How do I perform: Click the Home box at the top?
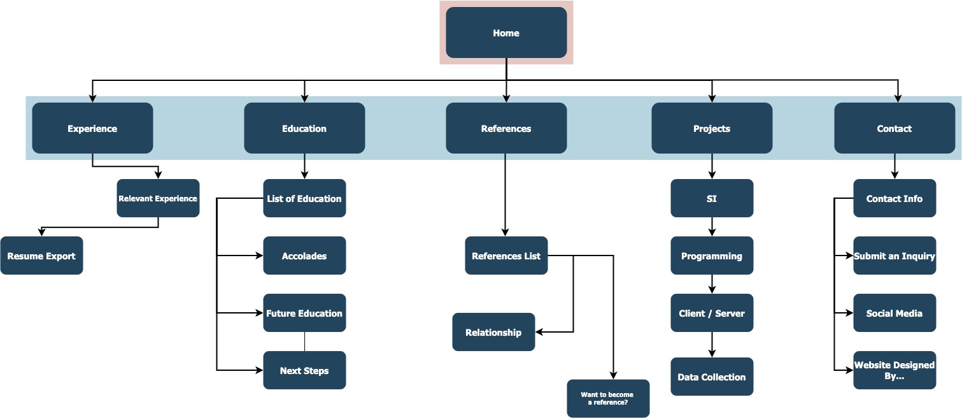coord(506,33)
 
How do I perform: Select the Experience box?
coord(92,128)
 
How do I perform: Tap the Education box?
coord(304,128)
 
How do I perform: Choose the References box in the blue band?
coord(506,128)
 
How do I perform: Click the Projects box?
coord(712,128)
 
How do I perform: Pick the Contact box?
coord(895,128)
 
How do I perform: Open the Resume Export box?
coord(41,256)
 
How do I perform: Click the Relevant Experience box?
coord(158,198)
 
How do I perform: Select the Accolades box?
coord(304,256)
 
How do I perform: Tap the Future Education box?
coord(304,313)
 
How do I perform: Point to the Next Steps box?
coord(304,370)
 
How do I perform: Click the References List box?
coord(506,256)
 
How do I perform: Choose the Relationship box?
coord(493,332)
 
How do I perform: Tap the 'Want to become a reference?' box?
coord(608,398)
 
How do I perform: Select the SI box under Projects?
coord(712,198)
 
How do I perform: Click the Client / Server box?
coord(712,313)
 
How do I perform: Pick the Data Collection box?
coord(712,377)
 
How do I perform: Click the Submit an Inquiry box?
coord(895,256)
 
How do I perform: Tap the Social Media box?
coord(895,313)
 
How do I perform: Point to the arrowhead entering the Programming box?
coord(712,233)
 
